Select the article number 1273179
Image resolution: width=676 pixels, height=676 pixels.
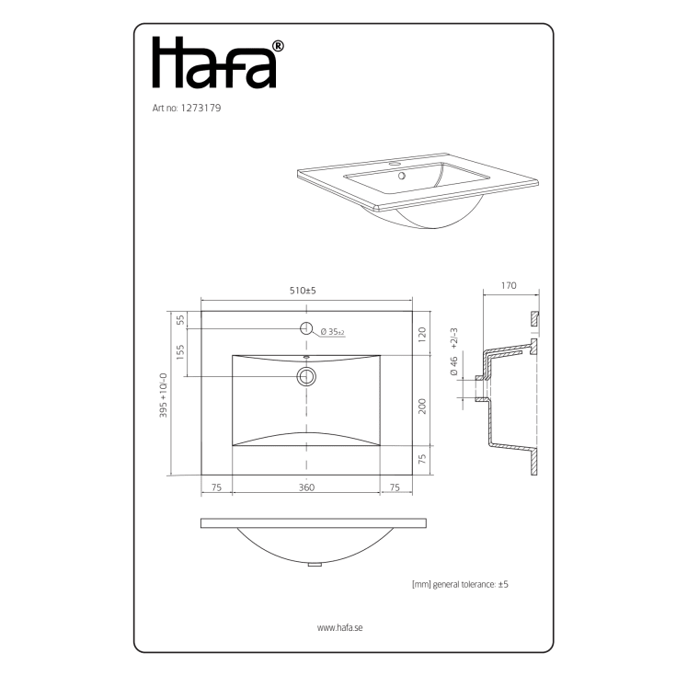[x=201, y=108]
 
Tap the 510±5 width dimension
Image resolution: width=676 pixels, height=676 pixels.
[x=303, y=291]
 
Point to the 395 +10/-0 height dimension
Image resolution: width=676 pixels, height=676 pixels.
[x=163, y=395]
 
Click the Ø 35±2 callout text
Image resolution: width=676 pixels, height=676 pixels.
[x=332, y=332]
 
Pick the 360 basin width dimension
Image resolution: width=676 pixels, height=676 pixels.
[x=306, y=487]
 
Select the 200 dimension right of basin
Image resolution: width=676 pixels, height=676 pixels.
[x=422, y=407]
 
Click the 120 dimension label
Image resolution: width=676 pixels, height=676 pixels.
[x=422, y=335]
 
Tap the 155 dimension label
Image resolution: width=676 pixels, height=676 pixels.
[x=180, y=352]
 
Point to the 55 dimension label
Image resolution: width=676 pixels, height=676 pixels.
[x=180, y=319]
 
